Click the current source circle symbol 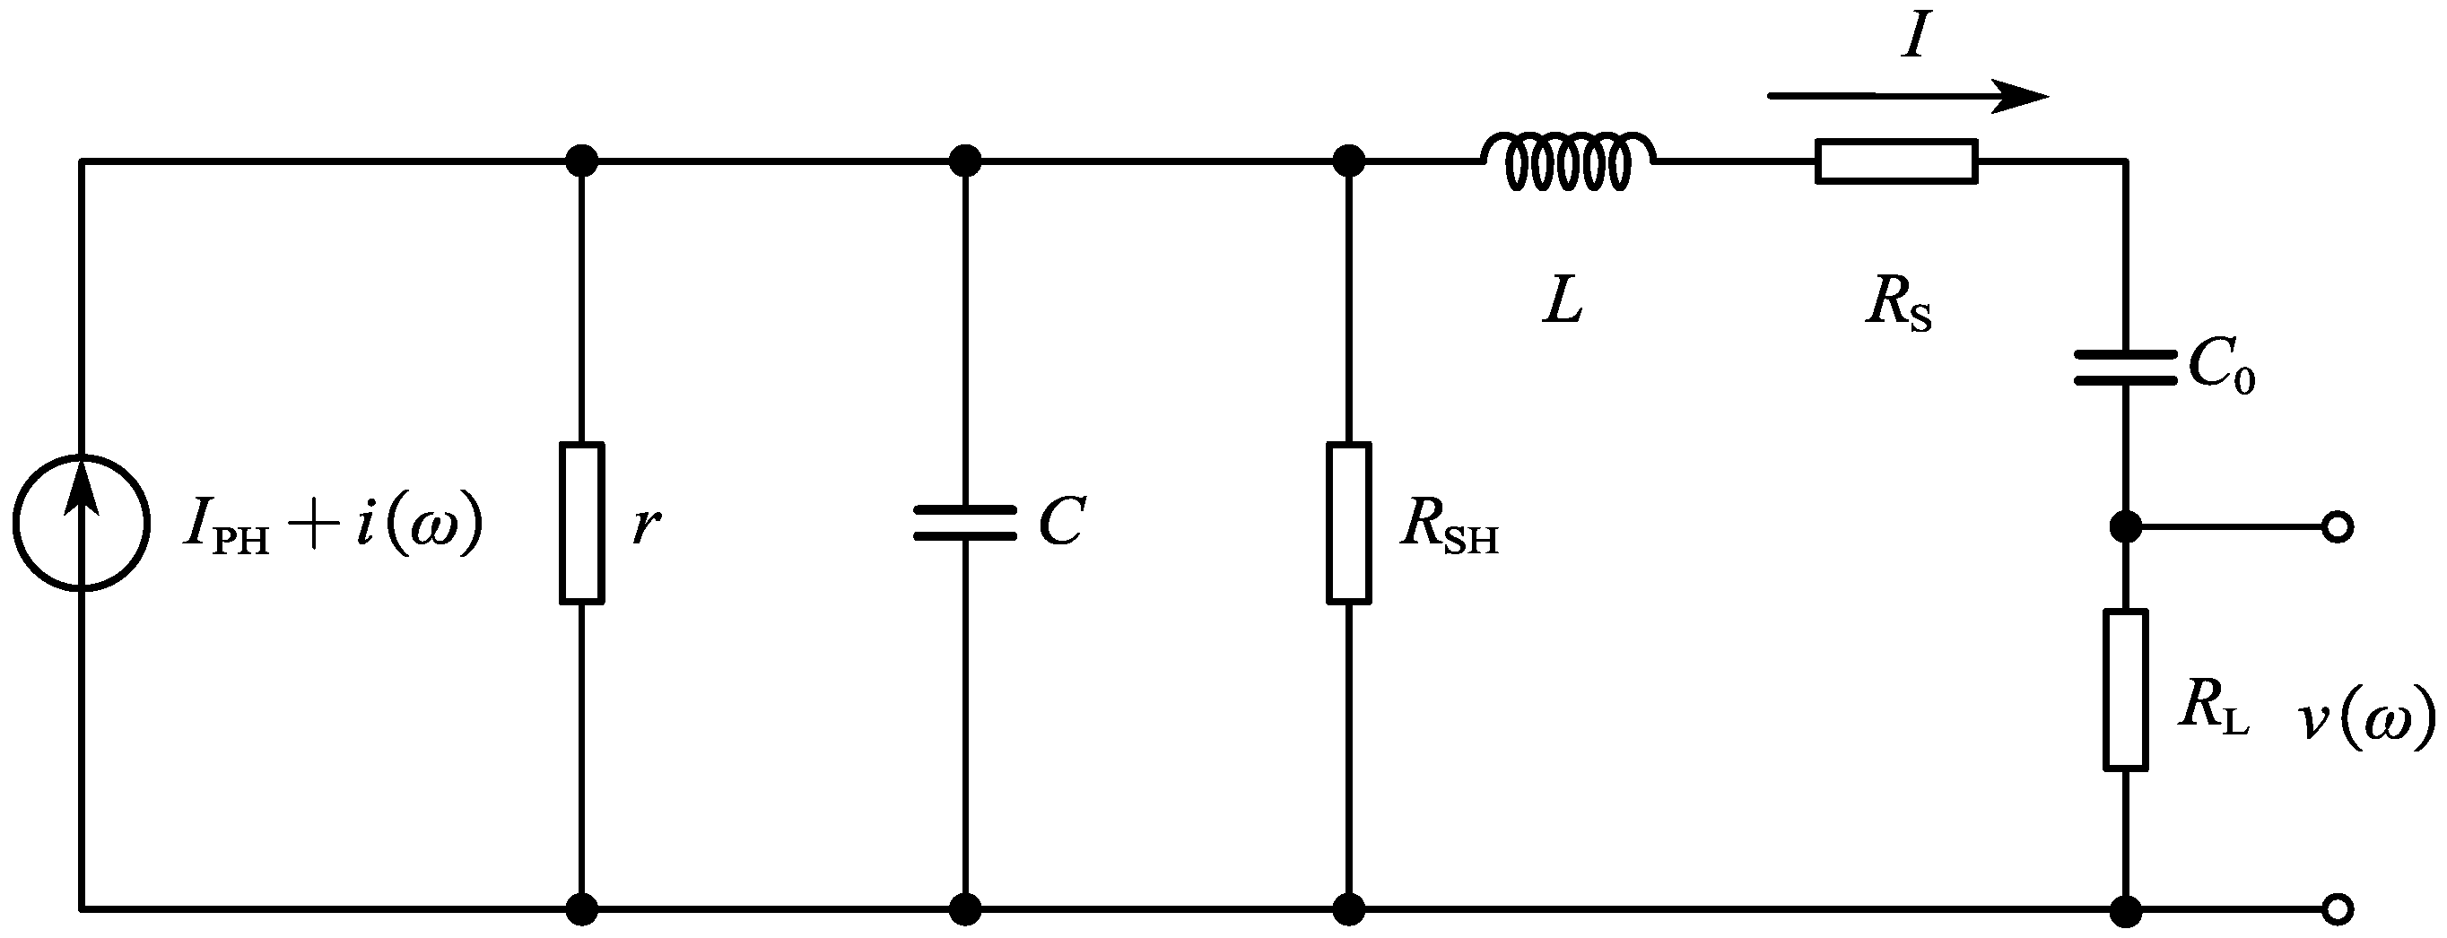click(82, 523)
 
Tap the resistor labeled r click(581, 523)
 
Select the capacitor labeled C click(965, 523)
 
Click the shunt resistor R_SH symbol click(1348, 523)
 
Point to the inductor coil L click(1568, 161)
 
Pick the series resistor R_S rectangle click(1896, 161)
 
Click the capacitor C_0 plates click(2125, 368)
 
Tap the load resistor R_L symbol click(2125, 690)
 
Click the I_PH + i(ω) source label click(333, 525)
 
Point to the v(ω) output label click(2366, 722)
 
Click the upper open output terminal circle click(2337, 527)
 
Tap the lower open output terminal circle click(2337, 909)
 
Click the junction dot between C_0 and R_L click(2125, 526)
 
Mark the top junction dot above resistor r click(581, 161)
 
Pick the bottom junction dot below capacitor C click(965, 909)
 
